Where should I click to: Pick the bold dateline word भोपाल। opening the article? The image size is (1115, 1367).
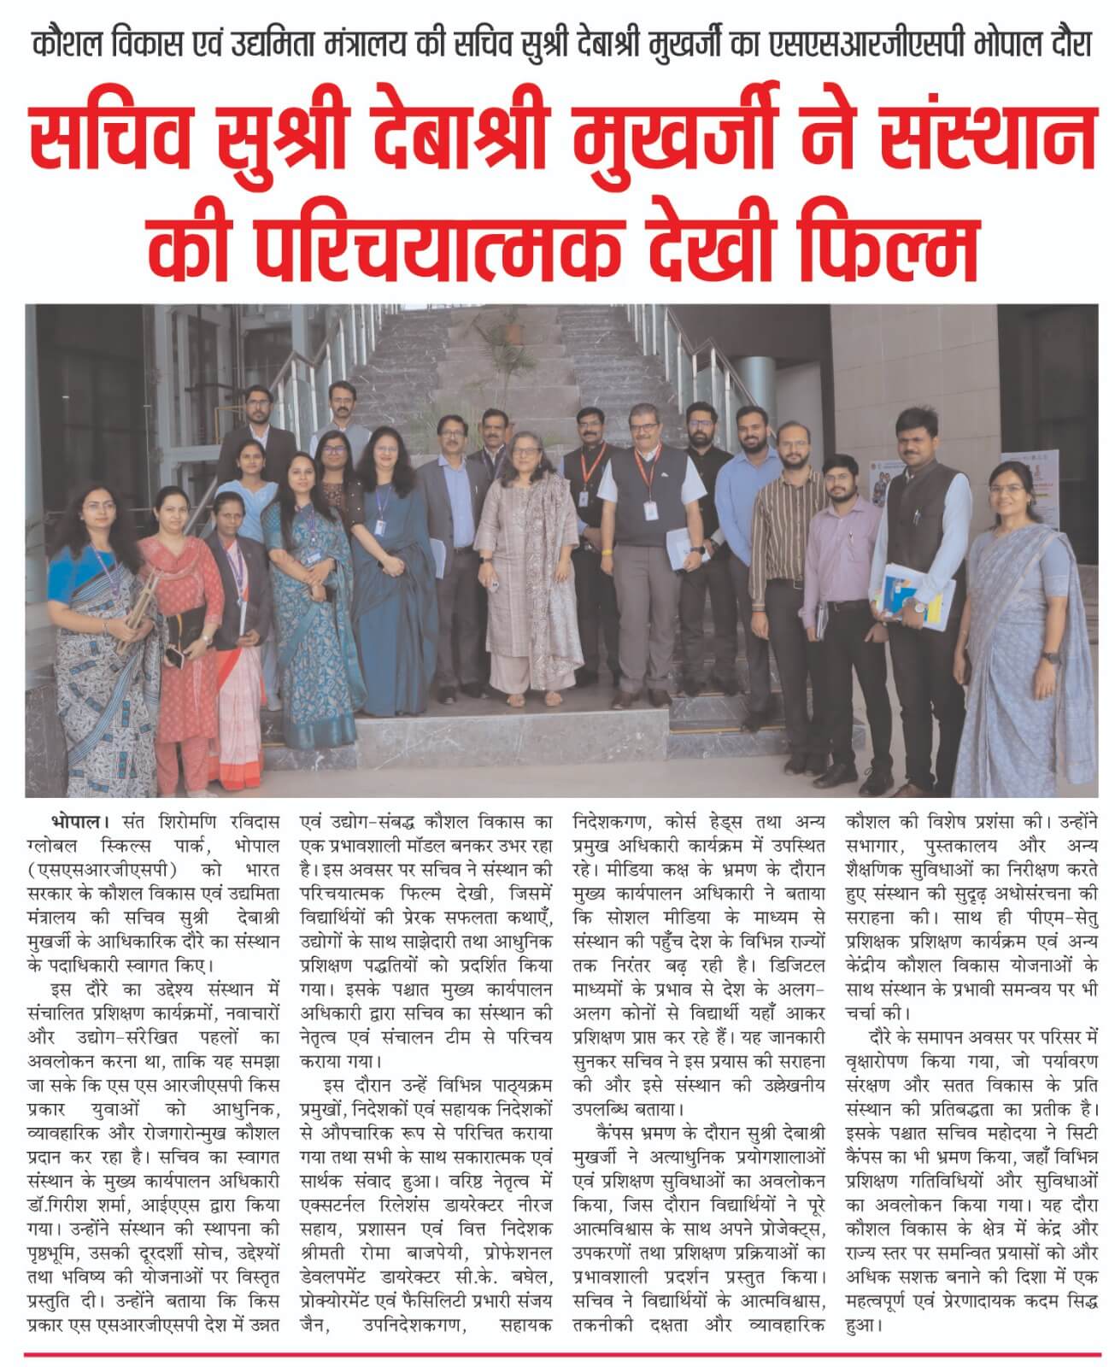[x=80, y=821]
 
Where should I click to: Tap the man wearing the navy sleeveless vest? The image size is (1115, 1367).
[x=648, y=530]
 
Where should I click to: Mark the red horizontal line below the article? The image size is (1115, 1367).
[x=557, y=1354]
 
